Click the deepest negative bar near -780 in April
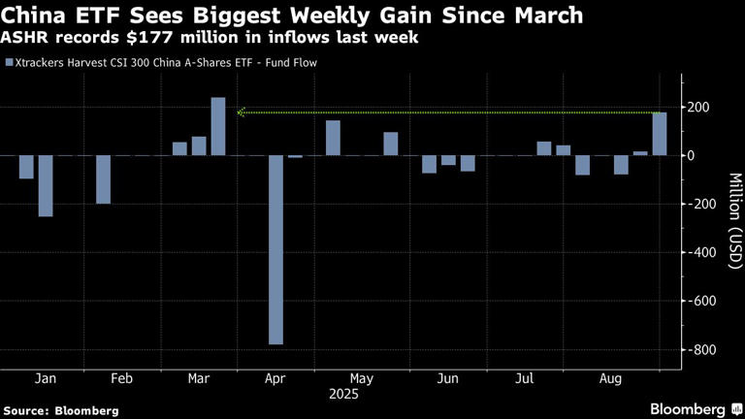click(x=276, y=249)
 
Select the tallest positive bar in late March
click(x=218, y=126)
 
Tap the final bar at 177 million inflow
click(x=660, y=134)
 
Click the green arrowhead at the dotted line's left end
click(x=242, y=113)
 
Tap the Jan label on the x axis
click(x=46, y=378)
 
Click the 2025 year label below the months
click(x=342, y=395)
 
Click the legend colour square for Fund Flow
click(x=9, y=63)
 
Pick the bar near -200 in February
click(x=103, y=179)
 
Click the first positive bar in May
click(x=333, y=138)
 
